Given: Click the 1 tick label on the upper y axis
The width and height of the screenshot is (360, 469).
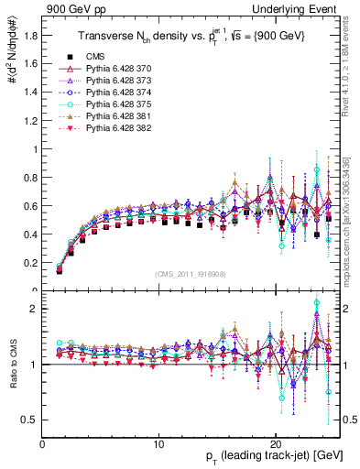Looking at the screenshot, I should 34,149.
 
